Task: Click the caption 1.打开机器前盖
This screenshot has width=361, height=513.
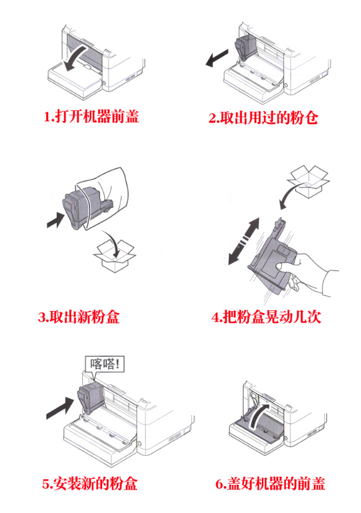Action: [x=91, y=116]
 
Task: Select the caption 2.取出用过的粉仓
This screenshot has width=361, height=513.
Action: [x=263, y=117]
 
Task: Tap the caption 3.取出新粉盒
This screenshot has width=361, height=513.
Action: [x=79, y=317]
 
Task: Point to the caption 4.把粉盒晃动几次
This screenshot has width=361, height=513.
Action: [x=266, y=317]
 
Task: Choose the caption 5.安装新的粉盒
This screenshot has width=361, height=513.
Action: [x=90, y=484]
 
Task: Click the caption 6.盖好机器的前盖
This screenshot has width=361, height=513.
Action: [x=270, y=484]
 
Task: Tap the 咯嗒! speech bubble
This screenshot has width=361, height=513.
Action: [x=104, y=365]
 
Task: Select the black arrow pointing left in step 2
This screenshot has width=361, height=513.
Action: [x=217, y=58]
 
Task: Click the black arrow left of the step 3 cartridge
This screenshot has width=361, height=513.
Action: [x=56, y=219]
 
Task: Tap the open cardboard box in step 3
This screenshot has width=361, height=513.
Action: [x=115, y=256]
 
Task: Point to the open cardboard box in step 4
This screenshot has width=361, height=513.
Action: [x=308, y=181]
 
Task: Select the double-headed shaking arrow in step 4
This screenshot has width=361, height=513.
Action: [x=244, y=241]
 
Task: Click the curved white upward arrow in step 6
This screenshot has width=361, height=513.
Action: [x=259, y=416]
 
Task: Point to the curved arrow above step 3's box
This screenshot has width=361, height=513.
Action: [x=110, y=243]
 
